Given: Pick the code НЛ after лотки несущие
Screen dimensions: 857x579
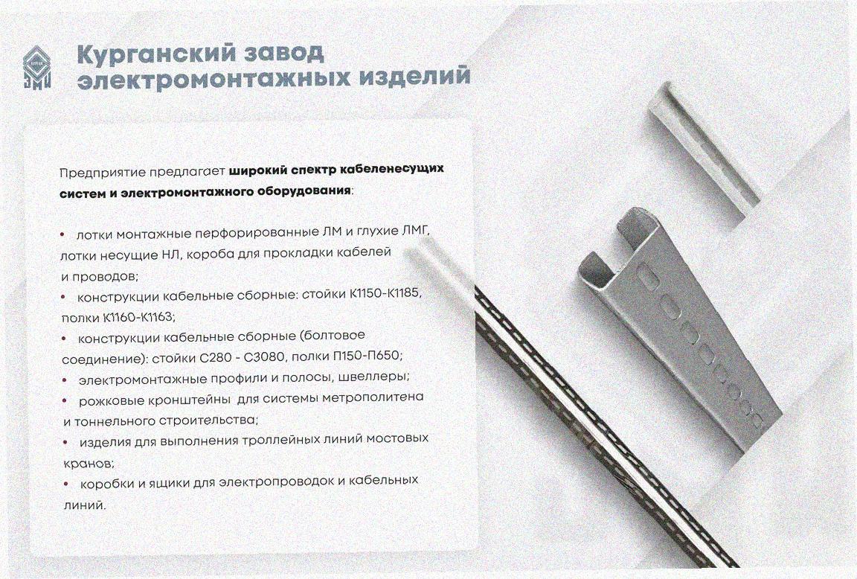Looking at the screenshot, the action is click(x=167, y=255).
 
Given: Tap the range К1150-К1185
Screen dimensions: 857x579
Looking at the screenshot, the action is click(x=385, y=294).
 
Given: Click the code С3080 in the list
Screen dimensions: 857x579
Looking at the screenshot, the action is click(x=265, y=357).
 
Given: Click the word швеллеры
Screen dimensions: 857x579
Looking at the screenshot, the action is click(x=373, y=377).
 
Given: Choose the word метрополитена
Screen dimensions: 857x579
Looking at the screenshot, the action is click(x=373, y=397).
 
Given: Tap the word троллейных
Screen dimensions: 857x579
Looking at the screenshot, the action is click(x=283, y=440).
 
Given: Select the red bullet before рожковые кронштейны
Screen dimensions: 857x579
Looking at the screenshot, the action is click(x=65, y=400).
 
